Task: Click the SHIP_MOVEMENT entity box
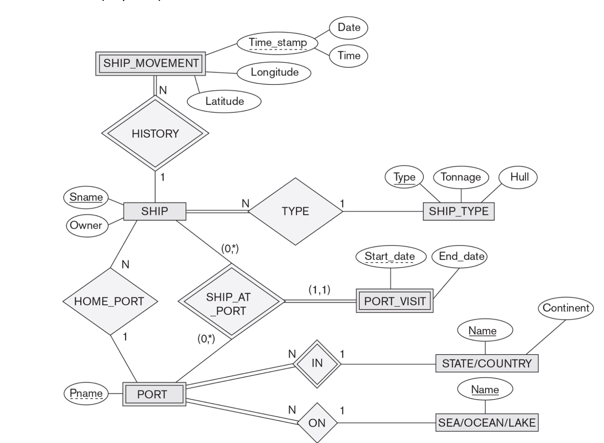[x=150, y=63]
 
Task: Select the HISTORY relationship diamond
[x=155, y=133]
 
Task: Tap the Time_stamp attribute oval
[x=278, y=43]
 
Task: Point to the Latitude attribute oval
[x=224, y=101]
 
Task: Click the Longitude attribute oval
[x=274, y=72]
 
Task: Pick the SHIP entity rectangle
[x=154, y=211]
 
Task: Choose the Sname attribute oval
[x=86, y=197]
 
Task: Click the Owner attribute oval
[x=86, y=225]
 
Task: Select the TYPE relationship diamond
[x=295, y=211]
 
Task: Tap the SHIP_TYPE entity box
[x=458, y=211]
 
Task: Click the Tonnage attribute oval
[x=461, y=177]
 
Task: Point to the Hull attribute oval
[x=519, y=177]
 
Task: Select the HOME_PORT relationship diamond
[x=109, y=301]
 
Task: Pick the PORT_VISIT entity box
[x=394, y=301]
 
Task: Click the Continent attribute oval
[x=565, y=308]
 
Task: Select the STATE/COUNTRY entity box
[x=487, y=363]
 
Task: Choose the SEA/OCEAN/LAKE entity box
[x=487, y=422]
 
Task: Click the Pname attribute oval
[x=86, y=393]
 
